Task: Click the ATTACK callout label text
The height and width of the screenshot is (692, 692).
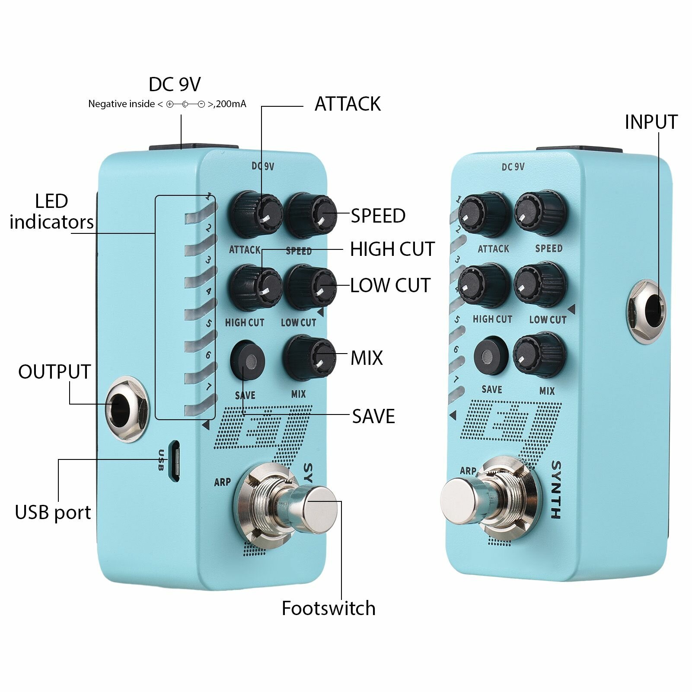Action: tap(348, 104)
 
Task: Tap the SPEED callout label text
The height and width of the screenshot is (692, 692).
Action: tap(378, 216)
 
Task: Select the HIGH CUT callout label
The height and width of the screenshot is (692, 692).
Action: tap(392, 249)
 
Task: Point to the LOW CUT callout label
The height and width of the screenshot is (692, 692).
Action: tap(390, 285)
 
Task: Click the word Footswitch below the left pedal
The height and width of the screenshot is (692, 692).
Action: tap(328, 608)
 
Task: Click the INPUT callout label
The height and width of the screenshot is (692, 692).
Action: tap(651, 122)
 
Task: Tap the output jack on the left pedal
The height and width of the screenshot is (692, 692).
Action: tap(127, 408)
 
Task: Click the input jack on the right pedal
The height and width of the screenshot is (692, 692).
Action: tap(647, 311)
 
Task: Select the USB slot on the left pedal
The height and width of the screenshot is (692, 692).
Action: tap(174, 461)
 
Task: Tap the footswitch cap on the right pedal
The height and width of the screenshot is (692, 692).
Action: tap(459, 501)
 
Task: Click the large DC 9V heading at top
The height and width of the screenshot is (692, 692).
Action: tap(175, 85)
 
